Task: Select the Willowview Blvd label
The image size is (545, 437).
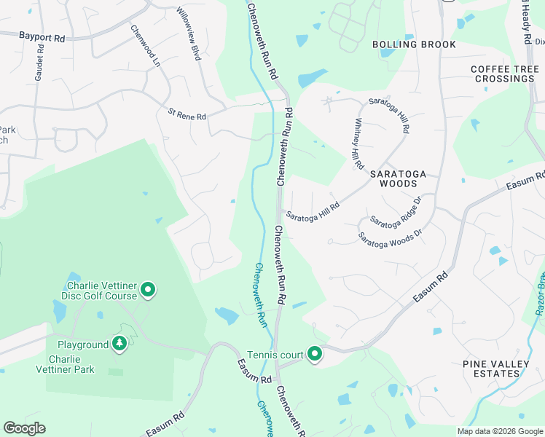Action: [189, 34]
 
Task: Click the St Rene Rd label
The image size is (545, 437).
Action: [187, 114]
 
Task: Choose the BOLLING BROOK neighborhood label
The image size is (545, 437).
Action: [414, 44]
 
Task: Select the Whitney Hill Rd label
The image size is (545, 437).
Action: [358, 144]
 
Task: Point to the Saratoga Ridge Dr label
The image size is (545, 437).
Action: [396, 210]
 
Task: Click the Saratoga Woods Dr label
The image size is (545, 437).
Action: [390, 237]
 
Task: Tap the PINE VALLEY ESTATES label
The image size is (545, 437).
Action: [502, 369]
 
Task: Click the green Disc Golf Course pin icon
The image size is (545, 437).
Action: [148, 291]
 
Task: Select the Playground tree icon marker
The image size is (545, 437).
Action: [119, 344]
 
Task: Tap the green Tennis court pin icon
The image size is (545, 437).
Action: [315, 355]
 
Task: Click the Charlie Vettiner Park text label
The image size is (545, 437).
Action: [71, 364]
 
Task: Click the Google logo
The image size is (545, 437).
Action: [24, 428]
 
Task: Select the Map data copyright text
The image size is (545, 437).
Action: [500, 431]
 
